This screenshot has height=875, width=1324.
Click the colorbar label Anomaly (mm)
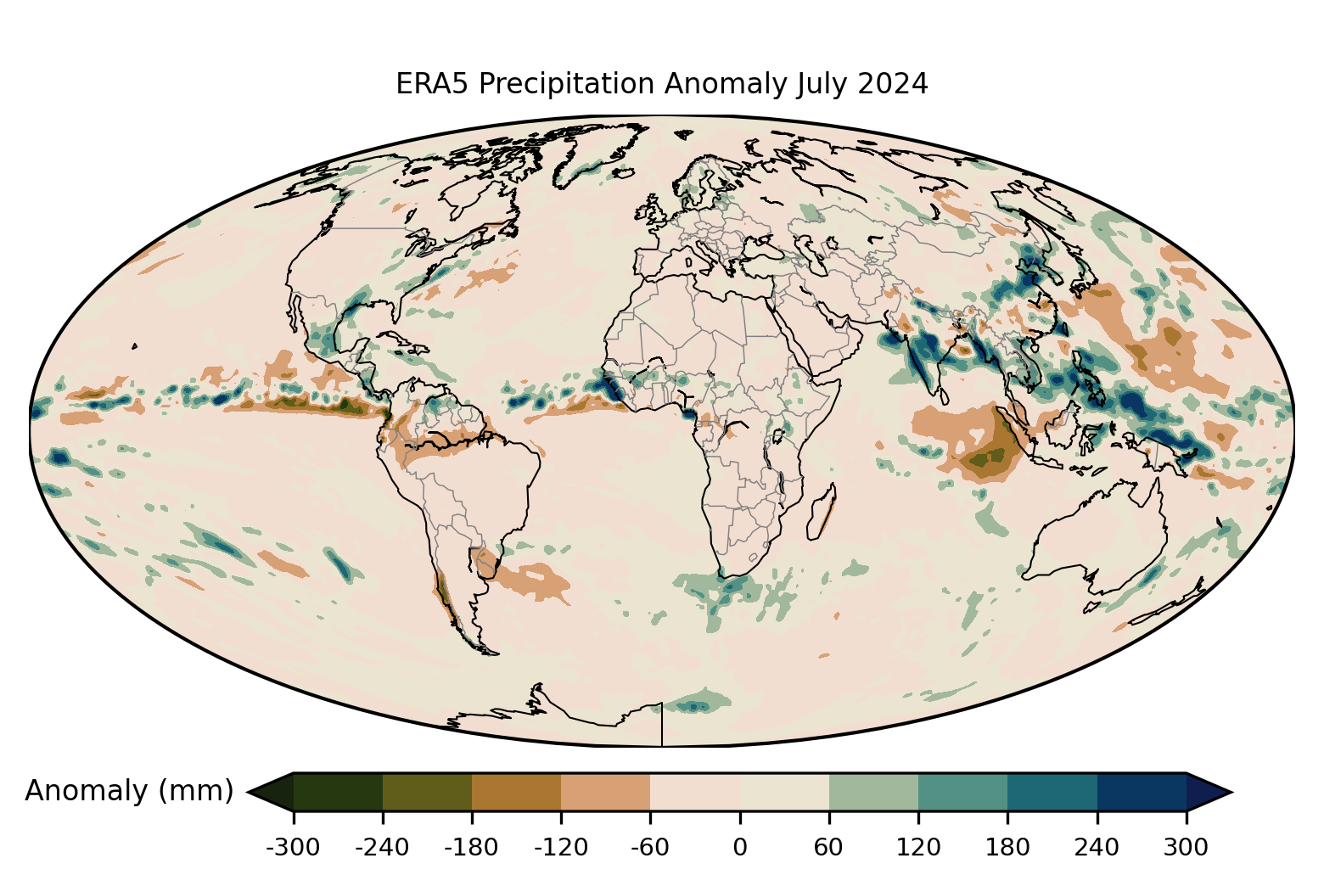pos(129,791)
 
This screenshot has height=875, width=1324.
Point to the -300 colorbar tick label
pos(293,847)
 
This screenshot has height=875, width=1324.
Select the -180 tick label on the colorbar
pos(472,847)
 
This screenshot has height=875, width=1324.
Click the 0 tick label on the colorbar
pos(739,847)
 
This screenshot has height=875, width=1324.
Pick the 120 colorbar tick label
pos(918,847)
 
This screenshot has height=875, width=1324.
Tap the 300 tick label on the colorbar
pos(1186,847)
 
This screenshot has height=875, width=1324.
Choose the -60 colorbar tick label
pos(650,847)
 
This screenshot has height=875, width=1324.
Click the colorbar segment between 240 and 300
pos(1142,792)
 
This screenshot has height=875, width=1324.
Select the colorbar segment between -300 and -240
pos(338,792)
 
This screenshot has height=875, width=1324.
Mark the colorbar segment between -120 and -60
pos(605,792)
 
